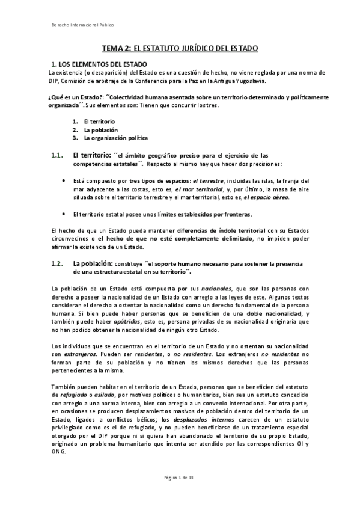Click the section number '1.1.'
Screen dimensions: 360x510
coord(58,155)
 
